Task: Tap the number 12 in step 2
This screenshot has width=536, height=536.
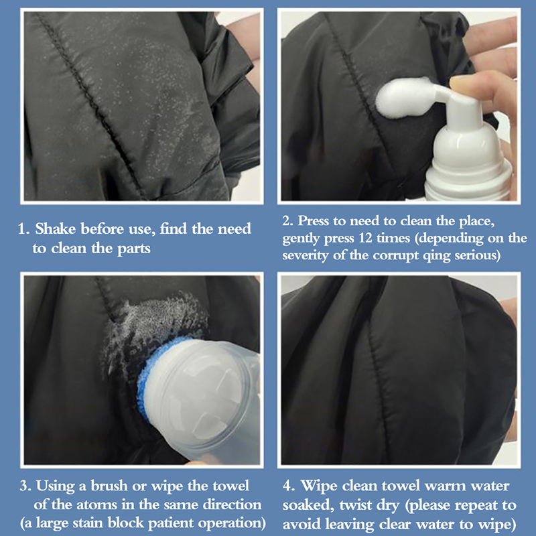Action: [x=365, y=238]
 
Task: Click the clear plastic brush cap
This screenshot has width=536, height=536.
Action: [x=202, y=393]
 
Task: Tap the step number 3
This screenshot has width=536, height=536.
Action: [x=25, y=486]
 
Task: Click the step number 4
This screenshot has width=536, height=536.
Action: [x=289, y=486]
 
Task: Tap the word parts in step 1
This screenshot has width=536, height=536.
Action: [x=133, y=249]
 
